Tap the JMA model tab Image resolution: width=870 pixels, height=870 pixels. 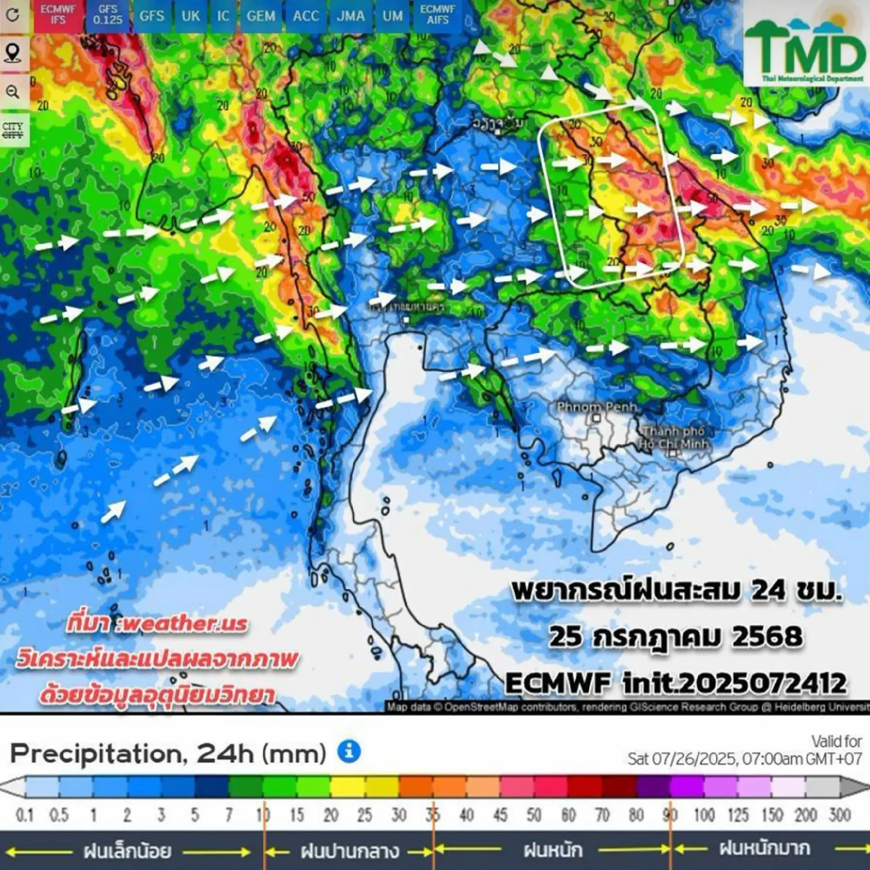[350, 16]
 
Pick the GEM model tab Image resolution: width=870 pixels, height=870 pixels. [261, 16]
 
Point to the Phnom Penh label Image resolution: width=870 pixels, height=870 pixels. [596, 407]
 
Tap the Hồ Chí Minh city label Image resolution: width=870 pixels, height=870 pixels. [674, 438]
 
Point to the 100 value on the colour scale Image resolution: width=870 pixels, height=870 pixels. [704, 815]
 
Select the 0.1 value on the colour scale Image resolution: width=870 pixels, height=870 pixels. [25, 815]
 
